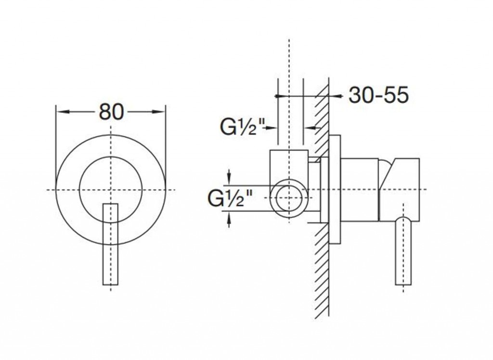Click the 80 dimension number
[x=111, y=112]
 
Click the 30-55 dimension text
[x=378, y=95]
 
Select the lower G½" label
[x=231, y=198]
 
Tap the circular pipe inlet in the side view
[x=288, y=198]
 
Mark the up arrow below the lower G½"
[x=229, y=219]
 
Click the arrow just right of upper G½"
[x=271, y=128]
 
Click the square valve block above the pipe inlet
[x=288, y=164]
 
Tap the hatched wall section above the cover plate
[x=322, y=111]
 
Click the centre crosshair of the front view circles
[x=111, y=190]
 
